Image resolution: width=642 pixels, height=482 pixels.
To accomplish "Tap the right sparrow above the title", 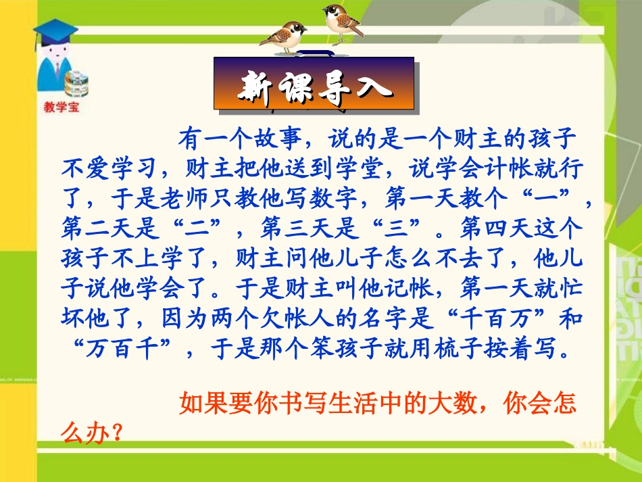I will [342, 20].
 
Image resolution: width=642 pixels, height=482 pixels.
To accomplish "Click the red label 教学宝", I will [61, 107].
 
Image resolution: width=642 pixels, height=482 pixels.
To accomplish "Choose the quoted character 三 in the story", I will [395, 228].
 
